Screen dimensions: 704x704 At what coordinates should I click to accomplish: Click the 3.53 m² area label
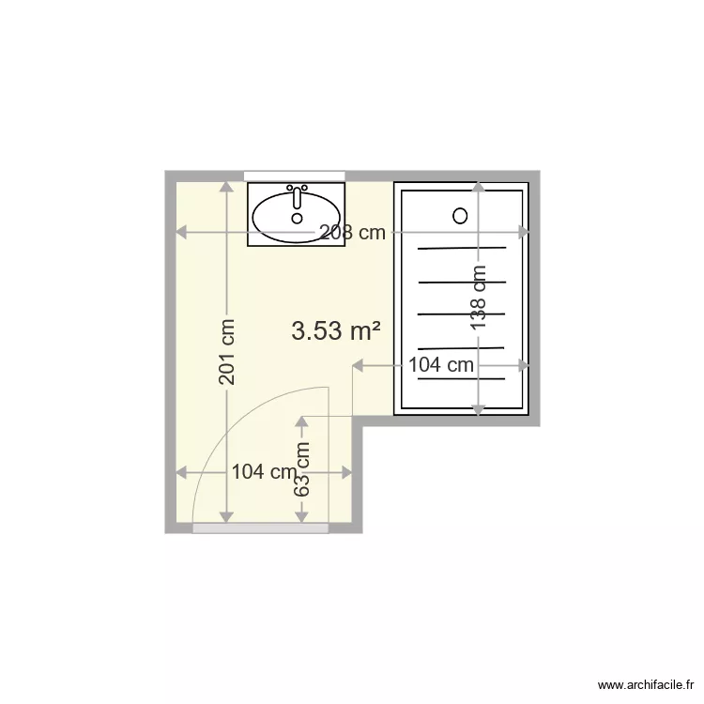click(x=336, y=330)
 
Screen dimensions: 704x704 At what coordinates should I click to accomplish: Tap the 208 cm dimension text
click(x=351, y=234)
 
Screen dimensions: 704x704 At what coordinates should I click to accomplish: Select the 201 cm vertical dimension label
click(x=226, y=351)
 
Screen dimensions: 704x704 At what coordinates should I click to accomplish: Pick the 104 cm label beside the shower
click(x=441, y=365)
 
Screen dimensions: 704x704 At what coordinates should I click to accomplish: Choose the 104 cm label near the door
click(x=263, y=472)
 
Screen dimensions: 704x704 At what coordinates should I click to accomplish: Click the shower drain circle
click(x=460, y=215)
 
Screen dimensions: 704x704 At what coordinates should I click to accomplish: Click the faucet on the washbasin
click(x=298, y=196)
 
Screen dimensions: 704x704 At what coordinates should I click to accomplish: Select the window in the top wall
click(x=294, y=176)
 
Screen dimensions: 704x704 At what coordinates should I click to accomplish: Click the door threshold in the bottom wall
click(x=260, y=528)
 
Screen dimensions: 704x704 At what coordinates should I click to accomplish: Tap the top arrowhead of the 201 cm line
click(x=226, y=186)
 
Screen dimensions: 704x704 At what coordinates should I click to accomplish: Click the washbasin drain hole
click(x=298, y=218)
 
